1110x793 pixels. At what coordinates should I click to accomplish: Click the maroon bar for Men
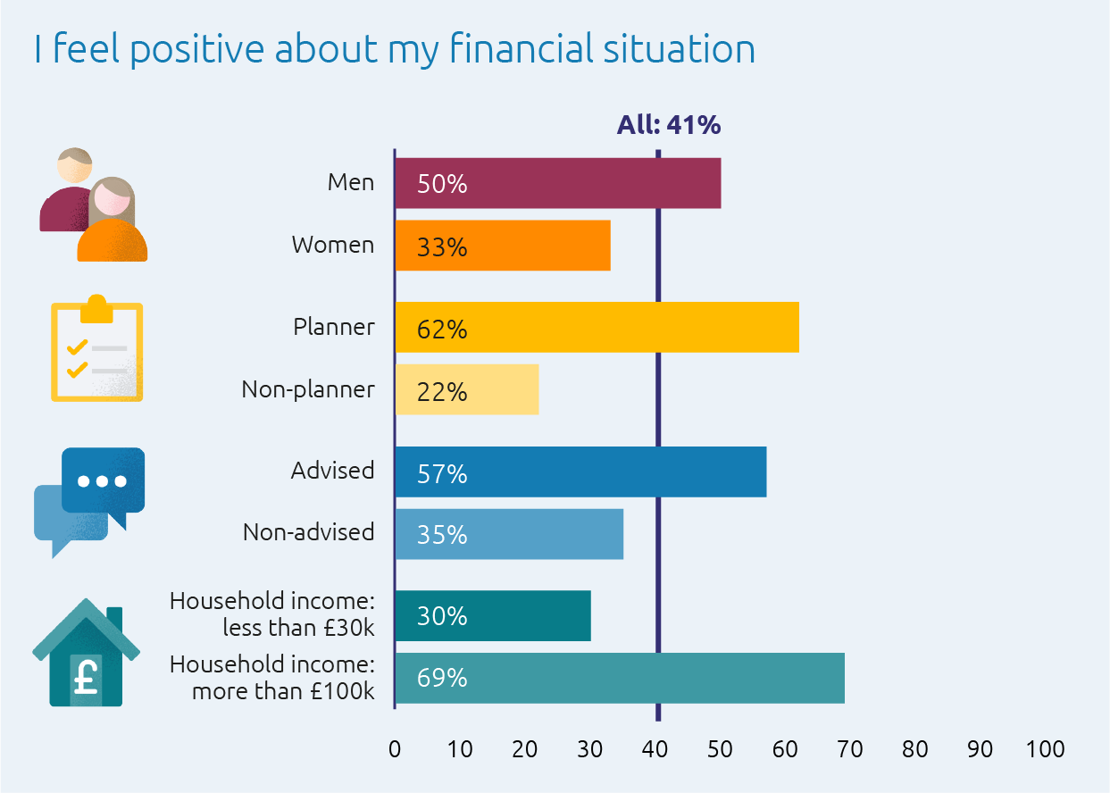pos(558,184)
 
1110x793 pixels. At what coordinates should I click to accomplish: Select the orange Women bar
pos(503,246)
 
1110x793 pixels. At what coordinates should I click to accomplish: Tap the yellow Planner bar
pos(597,328)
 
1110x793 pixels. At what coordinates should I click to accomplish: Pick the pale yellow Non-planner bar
pos(467,389)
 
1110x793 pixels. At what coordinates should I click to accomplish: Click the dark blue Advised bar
pos(580,472)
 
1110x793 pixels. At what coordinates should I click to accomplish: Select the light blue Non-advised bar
pos(509,533)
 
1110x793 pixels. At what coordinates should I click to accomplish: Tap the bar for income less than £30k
pos(493,616)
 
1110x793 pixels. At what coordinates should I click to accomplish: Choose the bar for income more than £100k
pos(620,678)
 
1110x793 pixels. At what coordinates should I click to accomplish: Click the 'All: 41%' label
pos(668,125)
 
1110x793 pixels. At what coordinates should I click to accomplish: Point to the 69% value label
pos(442,679)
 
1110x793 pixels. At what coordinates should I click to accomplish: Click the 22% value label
pos(442,391)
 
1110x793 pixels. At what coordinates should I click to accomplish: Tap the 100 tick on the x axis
pos(1045,749)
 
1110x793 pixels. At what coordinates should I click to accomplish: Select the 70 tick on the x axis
pos(850,749)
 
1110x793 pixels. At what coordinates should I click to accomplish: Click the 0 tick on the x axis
pos(395,749)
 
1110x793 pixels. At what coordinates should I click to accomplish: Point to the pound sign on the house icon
pos(86,676)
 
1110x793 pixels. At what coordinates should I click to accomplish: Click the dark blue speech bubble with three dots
pos(103,480)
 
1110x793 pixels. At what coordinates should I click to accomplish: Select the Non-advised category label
pos(308,532)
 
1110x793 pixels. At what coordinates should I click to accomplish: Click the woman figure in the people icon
pos(113,223)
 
